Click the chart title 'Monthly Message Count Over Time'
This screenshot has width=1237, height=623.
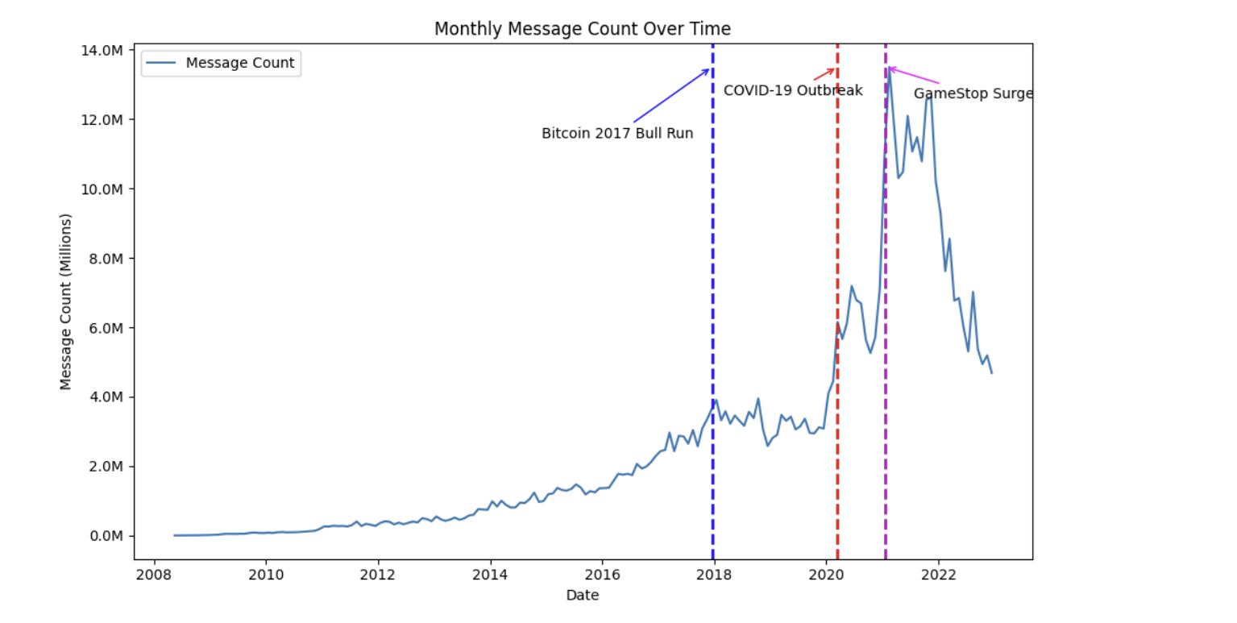[582, 29]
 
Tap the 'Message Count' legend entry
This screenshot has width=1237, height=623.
[239, 63]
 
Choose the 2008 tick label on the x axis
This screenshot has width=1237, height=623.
[152, 575]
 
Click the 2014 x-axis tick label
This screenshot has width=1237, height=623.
[489, 575]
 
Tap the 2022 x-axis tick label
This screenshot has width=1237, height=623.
[938, 575]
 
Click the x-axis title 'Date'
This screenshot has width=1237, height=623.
[582, 596]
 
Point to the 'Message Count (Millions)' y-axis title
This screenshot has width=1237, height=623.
[66, 301]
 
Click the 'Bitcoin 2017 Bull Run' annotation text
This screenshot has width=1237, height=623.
[617, 134]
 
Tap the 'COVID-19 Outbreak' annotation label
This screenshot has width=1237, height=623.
[793, 91]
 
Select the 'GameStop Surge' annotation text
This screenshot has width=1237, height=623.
[973, 94]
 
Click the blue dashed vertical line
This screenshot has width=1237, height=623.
[712, 322]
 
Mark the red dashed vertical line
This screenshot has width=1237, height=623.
[837, 242]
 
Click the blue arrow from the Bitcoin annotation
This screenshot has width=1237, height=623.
[671, 96]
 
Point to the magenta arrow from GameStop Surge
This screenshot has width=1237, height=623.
[914, 77]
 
